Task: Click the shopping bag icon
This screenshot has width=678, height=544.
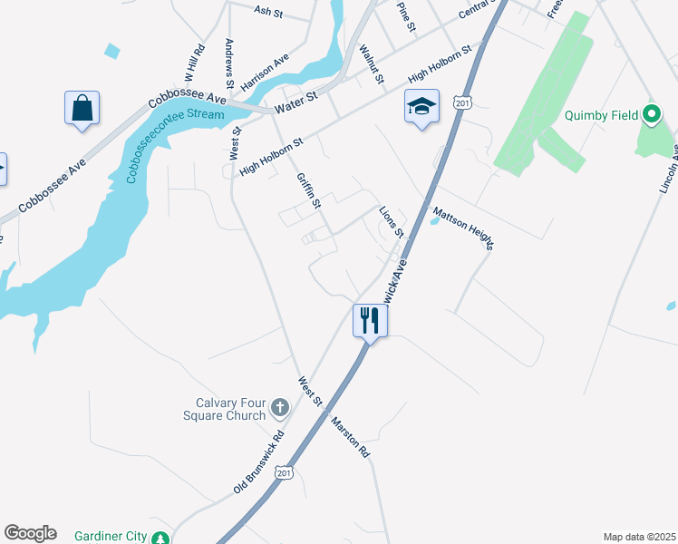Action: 82,108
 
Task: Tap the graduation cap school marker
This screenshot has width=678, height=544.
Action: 421,107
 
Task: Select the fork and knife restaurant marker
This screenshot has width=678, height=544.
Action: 370,320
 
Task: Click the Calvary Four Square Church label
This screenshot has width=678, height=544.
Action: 230,409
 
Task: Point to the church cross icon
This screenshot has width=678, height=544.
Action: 280,408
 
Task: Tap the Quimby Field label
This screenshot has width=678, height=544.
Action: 600,115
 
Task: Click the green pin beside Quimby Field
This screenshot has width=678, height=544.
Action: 651,115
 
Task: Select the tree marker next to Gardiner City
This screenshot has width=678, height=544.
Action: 160,538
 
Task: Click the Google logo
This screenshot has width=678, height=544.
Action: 30,533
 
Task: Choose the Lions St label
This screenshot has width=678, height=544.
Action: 392,221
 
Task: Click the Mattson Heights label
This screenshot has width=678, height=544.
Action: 463,229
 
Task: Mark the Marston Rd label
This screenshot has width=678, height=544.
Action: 350,436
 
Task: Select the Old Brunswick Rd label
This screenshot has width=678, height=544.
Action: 258,461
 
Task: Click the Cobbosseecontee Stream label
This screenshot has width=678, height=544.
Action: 179,141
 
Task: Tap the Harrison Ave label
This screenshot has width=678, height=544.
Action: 266,65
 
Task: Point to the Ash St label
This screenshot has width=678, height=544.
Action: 269,12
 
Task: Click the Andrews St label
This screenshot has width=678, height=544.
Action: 230,63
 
